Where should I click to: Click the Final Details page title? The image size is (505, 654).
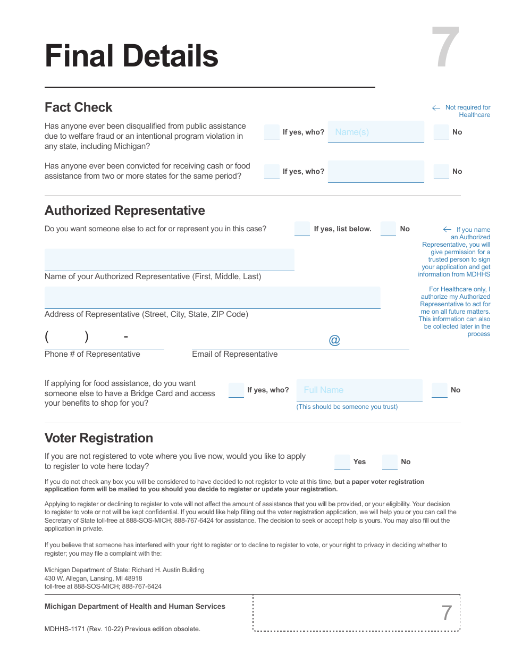131,56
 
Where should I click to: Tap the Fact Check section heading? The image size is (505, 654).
78,107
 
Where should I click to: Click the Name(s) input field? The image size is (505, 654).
376,132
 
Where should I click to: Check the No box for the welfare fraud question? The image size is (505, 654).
441,132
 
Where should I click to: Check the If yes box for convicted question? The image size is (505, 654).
272,171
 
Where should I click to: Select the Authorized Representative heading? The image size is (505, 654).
124,211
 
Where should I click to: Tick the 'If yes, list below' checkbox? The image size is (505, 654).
302,229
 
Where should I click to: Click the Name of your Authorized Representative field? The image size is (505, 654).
169,259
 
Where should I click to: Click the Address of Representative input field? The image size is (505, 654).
212,297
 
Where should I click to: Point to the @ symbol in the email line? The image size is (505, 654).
334,340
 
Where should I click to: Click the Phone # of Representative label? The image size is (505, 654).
92,354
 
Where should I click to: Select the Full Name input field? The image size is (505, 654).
359,390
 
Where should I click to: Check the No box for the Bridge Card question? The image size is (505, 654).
439,390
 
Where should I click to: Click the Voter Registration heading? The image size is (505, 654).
99,438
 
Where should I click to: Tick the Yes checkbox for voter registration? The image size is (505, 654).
342,462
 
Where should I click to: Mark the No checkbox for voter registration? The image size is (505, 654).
390,462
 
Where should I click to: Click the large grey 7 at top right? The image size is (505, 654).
445,48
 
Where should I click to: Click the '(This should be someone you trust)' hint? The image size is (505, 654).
347,407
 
